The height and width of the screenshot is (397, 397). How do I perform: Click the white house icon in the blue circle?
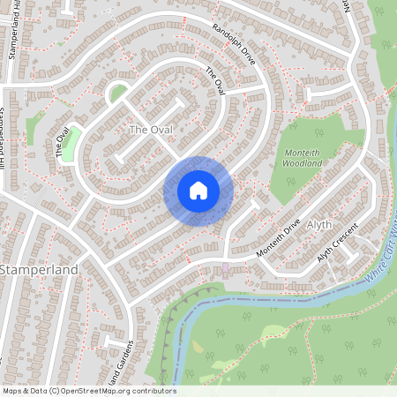pos(198,191)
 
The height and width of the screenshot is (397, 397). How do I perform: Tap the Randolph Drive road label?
pos(234,44)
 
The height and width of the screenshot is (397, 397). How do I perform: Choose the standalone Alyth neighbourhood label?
pos(318,226)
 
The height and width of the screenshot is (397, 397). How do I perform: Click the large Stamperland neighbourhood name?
pos(40,268)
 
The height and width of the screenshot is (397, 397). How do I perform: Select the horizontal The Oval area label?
pos(150,130)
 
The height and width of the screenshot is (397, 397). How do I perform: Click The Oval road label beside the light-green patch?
pos(61,144)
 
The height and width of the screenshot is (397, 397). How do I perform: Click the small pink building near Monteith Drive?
pos(225,267)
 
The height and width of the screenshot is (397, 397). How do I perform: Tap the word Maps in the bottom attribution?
pos(12,391)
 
